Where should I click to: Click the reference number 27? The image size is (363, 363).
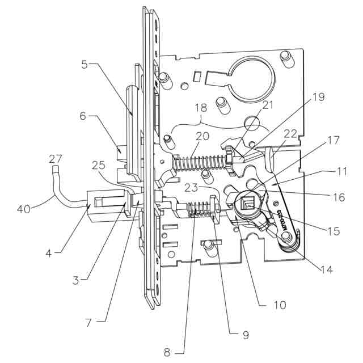tap(55, 158)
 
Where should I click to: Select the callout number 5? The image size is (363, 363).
tap(84, 64)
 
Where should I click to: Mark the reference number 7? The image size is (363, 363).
tap(88, 323)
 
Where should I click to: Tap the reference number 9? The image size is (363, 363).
tap(245, 335)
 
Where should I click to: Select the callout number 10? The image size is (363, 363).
tap(280, 305)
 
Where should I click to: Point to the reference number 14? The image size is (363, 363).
tap(325, 269)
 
